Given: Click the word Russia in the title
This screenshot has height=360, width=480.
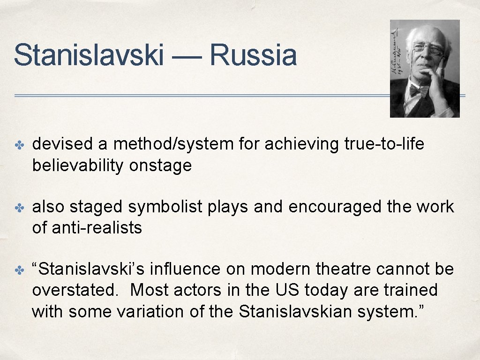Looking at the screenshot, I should [253, 55].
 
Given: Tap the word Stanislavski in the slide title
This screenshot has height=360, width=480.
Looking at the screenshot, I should [89, 55].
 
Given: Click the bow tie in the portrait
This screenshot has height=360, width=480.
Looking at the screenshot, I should [419, 90].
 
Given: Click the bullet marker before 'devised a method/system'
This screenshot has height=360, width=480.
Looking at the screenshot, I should [20, 145].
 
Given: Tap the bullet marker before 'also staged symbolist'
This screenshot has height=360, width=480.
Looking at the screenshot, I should [20, 208].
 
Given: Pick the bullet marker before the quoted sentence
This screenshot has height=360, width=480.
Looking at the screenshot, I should [20, 270].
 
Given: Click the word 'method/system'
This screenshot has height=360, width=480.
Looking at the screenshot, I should [173, 144].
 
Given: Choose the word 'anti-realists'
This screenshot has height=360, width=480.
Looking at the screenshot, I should [96, 228].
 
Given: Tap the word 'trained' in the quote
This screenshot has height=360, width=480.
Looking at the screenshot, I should [410, 290].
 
